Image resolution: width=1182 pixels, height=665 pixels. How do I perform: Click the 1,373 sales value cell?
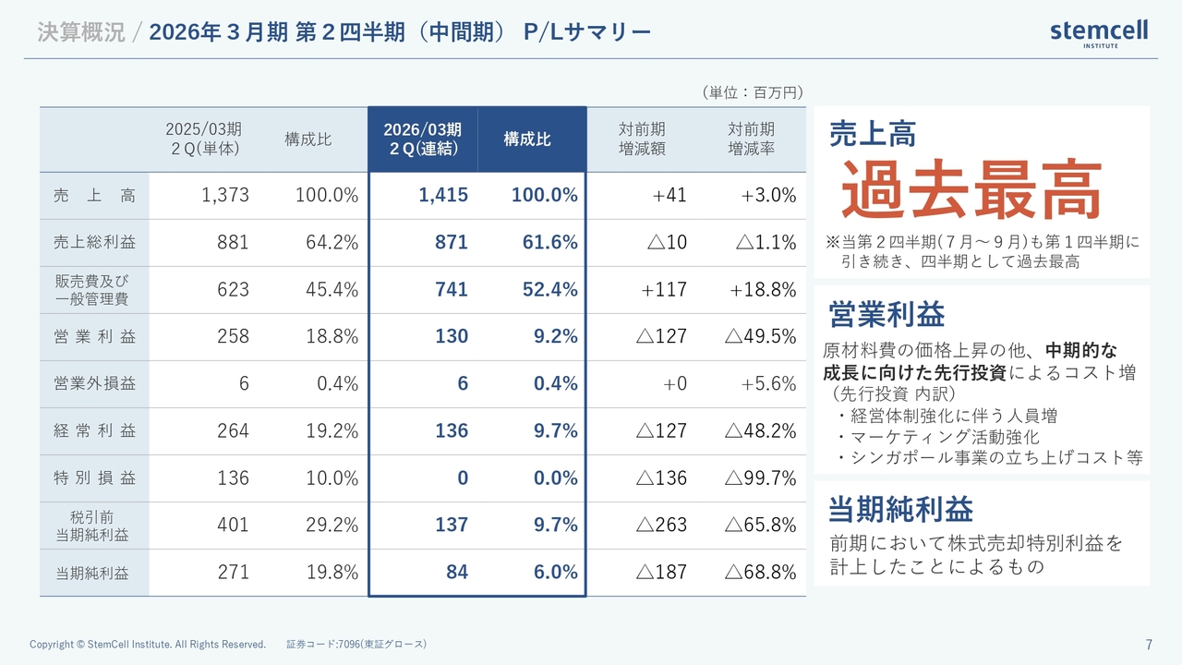[224, 195]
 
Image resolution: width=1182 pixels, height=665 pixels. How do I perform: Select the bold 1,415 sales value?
[443, 195]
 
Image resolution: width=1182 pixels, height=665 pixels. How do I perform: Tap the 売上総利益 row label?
[94, 242]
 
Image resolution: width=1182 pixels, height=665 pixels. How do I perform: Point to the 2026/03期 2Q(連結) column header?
[423, 139]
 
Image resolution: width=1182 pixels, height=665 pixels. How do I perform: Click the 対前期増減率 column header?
[751, 139]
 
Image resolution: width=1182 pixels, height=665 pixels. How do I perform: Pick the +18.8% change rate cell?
[763, 289]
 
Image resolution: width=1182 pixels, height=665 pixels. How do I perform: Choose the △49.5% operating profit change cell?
[760, 336]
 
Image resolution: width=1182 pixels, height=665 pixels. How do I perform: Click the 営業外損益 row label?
[94, 383]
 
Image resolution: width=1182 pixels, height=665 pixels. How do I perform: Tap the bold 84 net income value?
[457, 572]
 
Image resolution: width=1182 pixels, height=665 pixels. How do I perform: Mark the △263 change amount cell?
[661, 525]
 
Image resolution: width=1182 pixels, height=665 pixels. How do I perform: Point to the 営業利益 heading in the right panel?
[886, 314]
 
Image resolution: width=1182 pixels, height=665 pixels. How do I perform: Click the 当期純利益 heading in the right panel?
[900, 509]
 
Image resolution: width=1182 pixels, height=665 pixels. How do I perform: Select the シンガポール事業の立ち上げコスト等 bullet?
[989, 457]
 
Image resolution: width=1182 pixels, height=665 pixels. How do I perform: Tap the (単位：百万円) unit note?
[752, 92]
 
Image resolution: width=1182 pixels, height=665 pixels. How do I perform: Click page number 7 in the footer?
[1149, 645]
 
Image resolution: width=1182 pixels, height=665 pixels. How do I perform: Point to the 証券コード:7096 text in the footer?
[356, 644]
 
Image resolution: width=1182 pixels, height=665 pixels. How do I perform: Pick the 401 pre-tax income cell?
[234, 525]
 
